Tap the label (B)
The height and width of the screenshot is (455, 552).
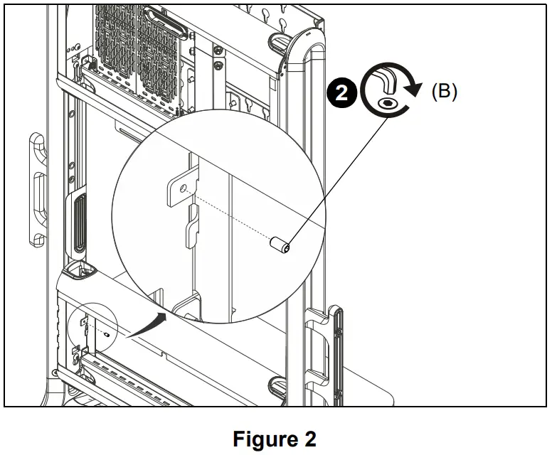[445, 92]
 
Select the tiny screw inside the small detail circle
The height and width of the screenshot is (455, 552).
[106, 333]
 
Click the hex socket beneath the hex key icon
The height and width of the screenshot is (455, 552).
[385, 102]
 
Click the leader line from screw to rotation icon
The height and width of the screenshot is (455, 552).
[334, 178]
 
